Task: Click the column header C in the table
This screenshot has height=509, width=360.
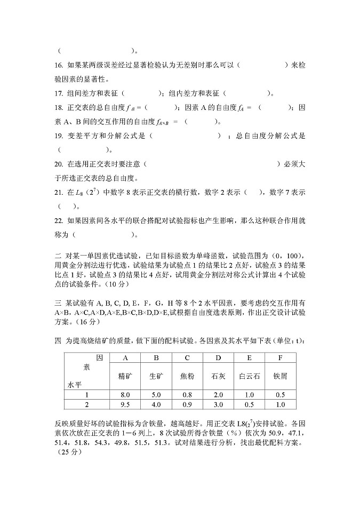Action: (187, 357)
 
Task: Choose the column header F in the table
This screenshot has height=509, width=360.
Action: (279, 357)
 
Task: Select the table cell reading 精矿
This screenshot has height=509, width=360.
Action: (125, 376)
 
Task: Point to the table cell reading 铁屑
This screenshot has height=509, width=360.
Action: (279, 376)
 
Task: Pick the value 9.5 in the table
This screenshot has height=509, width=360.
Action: (125, 404)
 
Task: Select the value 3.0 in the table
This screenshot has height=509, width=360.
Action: (218, 404)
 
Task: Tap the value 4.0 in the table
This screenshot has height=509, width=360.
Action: (156, 404)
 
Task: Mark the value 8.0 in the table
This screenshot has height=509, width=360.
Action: (125, 395)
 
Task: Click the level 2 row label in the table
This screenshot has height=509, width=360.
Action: (86, 404)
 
